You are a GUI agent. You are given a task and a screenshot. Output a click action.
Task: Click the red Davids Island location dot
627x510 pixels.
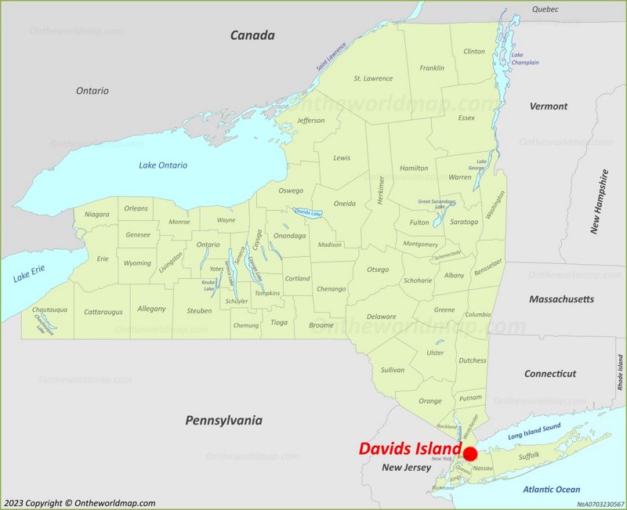pos(470,454)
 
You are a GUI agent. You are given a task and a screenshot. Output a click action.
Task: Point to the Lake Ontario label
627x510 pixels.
pos(163,165)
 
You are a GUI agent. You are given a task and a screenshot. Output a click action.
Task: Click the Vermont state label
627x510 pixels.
pos(548,106)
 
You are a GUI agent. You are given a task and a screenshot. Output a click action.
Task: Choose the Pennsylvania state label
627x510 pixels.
pos(223,421)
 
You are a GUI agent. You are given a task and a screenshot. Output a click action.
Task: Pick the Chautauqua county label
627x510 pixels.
pos(49,310)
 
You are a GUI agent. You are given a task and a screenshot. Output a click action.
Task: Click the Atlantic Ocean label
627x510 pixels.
pos(552,490)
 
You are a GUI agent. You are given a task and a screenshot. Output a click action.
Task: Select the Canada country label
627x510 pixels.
pos(252,35)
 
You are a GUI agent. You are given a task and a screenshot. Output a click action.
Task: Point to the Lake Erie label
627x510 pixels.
pos(30,274)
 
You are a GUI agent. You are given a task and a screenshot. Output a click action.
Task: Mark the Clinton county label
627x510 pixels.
pos(474,52)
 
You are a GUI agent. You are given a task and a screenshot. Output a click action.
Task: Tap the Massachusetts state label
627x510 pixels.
pos(561,299)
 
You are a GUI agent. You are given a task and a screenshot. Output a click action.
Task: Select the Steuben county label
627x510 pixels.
pos(199,311)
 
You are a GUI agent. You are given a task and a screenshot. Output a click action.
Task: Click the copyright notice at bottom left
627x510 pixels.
pos(79,503)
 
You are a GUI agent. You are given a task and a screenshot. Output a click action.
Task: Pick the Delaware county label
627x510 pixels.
pos(382,316)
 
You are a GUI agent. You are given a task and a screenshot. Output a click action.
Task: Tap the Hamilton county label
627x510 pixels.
pos(414,168)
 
